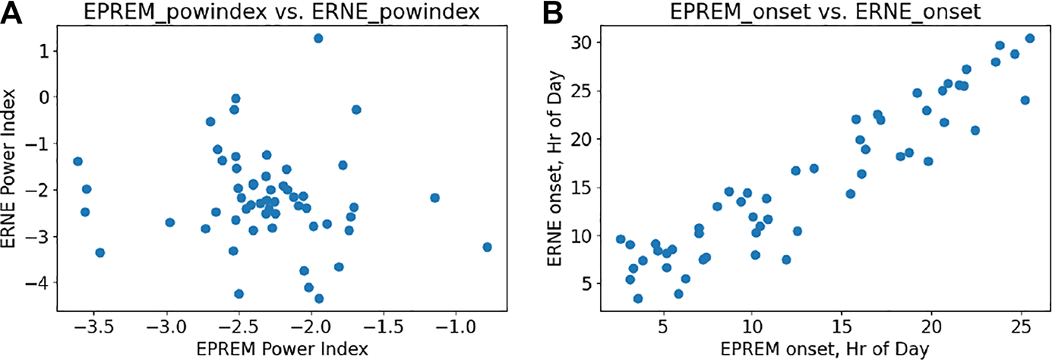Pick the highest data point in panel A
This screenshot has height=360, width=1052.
click(318, 38)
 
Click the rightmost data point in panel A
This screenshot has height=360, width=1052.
click(487, 247)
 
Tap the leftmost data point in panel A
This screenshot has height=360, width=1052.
click(77, 161)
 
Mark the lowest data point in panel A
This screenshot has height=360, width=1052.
click(319, 298)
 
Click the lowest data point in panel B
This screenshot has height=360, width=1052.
click(638, 298)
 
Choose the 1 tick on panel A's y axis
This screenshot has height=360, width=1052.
click(44, 50)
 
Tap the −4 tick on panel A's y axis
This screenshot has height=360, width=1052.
click(38, 283)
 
